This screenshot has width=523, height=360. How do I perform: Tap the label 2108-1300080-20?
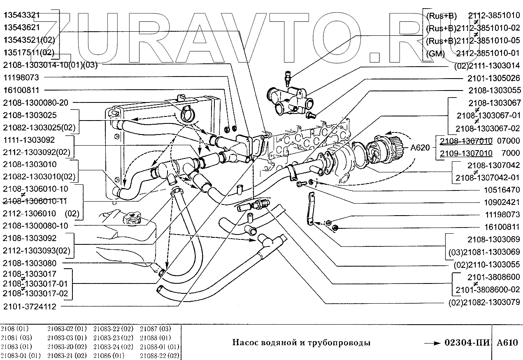[x=36, y=102]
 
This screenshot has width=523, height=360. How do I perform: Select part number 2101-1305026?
[x=493, y=78]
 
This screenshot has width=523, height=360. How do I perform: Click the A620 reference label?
[x=419, y=147]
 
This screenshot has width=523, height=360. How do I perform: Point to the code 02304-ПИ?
[x=467, y=343]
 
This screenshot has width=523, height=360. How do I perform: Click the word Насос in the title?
[x=244, y=343]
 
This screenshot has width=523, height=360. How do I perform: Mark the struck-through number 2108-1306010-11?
[x=36, y=201]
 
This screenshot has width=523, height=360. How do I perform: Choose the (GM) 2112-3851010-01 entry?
[x=473, y=53]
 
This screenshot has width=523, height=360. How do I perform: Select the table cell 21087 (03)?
[x=155, y=329]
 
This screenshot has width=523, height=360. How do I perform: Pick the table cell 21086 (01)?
[x=109, y=355]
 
